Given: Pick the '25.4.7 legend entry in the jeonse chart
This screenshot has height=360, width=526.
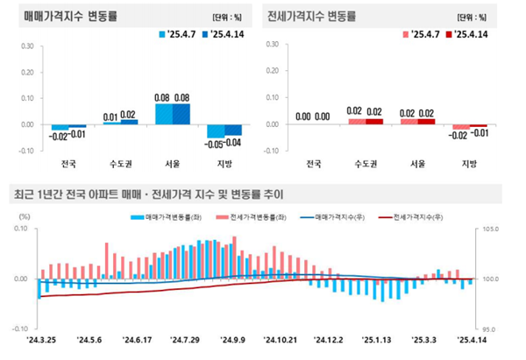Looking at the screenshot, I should pyautogui.click(x=424, y=34).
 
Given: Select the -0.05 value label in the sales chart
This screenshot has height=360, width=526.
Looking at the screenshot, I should pyautogui.click(x=213, y=143).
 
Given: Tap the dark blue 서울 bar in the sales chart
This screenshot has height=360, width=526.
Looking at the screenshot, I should pyautogui.click(x=181, y=115).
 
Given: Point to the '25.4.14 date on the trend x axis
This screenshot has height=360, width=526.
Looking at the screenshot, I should pyautogui.click(x=471, y=340).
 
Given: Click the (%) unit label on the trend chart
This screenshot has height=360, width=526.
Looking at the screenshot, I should pyautogui.click(x=25, y=215).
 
